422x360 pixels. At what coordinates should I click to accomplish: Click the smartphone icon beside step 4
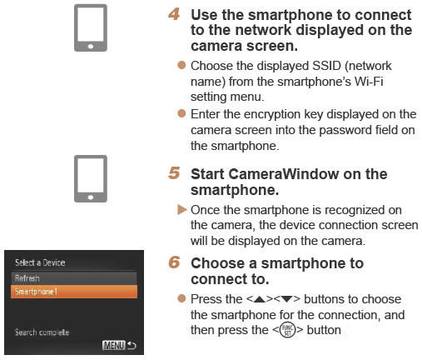click(x=90, y=28)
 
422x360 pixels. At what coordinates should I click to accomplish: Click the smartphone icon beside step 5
click(x=90, y=178)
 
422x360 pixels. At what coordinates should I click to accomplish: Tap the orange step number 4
click(x=174, y=15)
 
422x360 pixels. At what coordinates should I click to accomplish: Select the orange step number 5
click(x=174, y=174)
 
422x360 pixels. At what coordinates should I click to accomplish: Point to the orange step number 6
click(x=174, y=262)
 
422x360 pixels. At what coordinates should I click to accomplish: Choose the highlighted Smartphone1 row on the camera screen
click(x=74, y=292)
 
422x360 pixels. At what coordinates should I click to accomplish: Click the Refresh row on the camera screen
click(x=74, y=277)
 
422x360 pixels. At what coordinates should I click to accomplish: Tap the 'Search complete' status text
click(x=42, y=332)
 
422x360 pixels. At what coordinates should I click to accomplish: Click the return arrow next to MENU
click(x=130, y=343)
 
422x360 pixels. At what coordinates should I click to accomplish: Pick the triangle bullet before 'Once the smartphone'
click(x=183, y=210)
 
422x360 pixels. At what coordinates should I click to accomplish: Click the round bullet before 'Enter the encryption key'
click(x=183, y=113)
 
